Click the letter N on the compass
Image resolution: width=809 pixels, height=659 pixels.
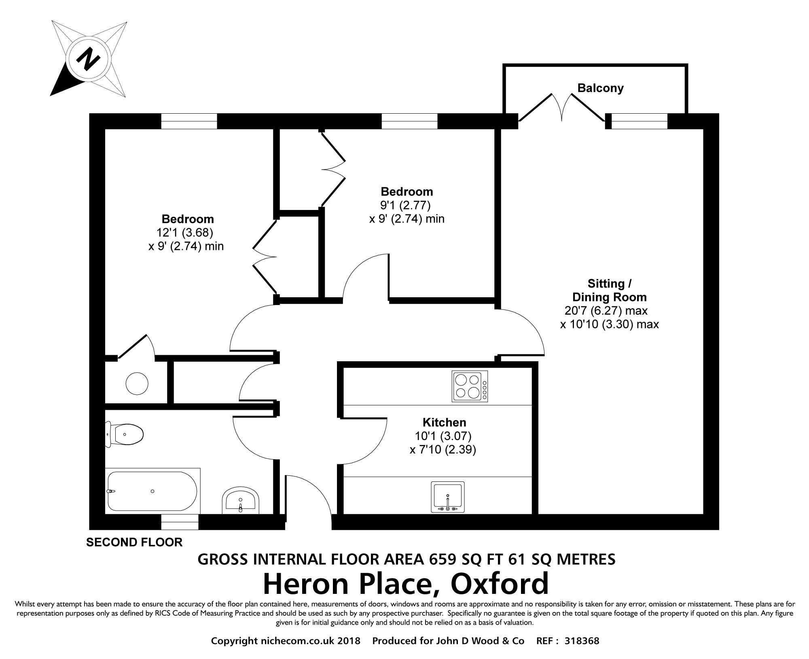(88, 59)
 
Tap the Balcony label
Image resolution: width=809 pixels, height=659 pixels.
(600, 88)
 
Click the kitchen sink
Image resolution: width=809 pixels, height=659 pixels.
(448, 497)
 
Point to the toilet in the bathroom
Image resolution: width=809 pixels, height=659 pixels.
(124, 434)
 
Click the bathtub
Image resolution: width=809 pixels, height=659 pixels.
(152, 491)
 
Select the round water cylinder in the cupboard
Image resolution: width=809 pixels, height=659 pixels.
(137, 383)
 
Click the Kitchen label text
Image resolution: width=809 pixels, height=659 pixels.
(444, 422)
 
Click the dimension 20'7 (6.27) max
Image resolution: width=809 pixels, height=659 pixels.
(606, 311)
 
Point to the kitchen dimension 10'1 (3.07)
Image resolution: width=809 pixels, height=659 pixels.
(443, 436)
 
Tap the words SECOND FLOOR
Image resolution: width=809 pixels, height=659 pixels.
(134, 542)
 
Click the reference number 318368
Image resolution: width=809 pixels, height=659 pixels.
(582, 641)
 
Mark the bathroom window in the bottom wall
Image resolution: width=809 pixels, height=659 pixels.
(180, 522)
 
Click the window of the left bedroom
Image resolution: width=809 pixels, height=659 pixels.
(189, 121)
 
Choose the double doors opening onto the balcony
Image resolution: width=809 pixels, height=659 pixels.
(561, 107)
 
